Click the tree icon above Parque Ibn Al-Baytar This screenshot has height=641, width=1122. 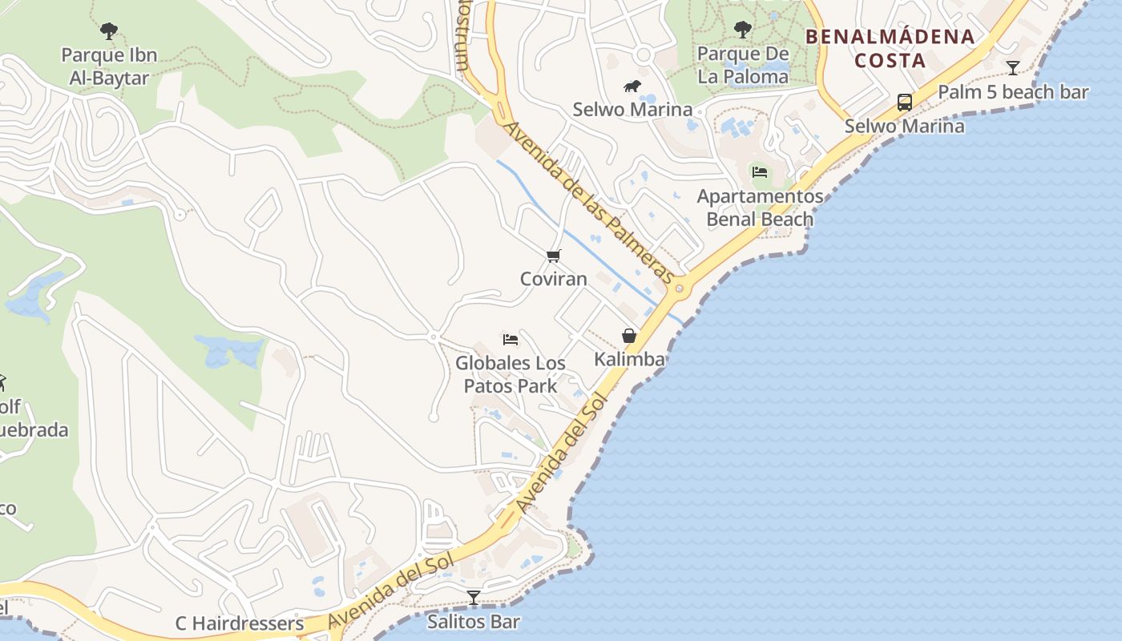109,31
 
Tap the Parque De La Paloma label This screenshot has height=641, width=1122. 743,65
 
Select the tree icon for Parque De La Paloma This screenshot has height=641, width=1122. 743,30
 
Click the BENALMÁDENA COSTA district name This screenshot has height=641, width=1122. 890,48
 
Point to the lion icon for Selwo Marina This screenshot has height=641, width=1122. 632,86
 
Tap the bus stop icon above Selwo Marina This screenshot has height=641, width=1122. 905,103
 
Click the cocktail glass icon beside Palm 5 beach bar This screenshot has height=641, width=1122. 1013,67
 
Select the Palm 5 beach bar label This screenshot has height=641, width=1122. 1013,92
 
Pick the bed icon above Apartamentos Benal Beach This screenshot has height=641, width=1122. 759,171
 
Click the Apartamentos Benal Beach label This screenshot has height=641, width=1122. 760,208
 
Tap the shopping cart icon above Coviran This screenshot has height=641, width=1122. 553,256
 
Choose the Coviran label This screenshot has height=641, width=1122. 554,279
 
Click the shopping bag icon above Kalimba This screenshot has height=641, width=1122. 629,336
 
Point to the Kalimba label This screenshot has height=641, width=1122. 629,359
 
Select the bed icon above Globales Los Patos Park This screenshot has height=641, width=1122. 511,340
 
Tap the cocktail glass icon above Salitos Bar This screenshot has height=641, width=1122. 474,597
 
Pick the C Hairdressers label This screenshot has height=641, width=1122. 240,623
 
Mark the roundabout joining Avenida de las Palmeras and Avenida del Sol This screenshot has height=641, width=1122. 679,288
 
